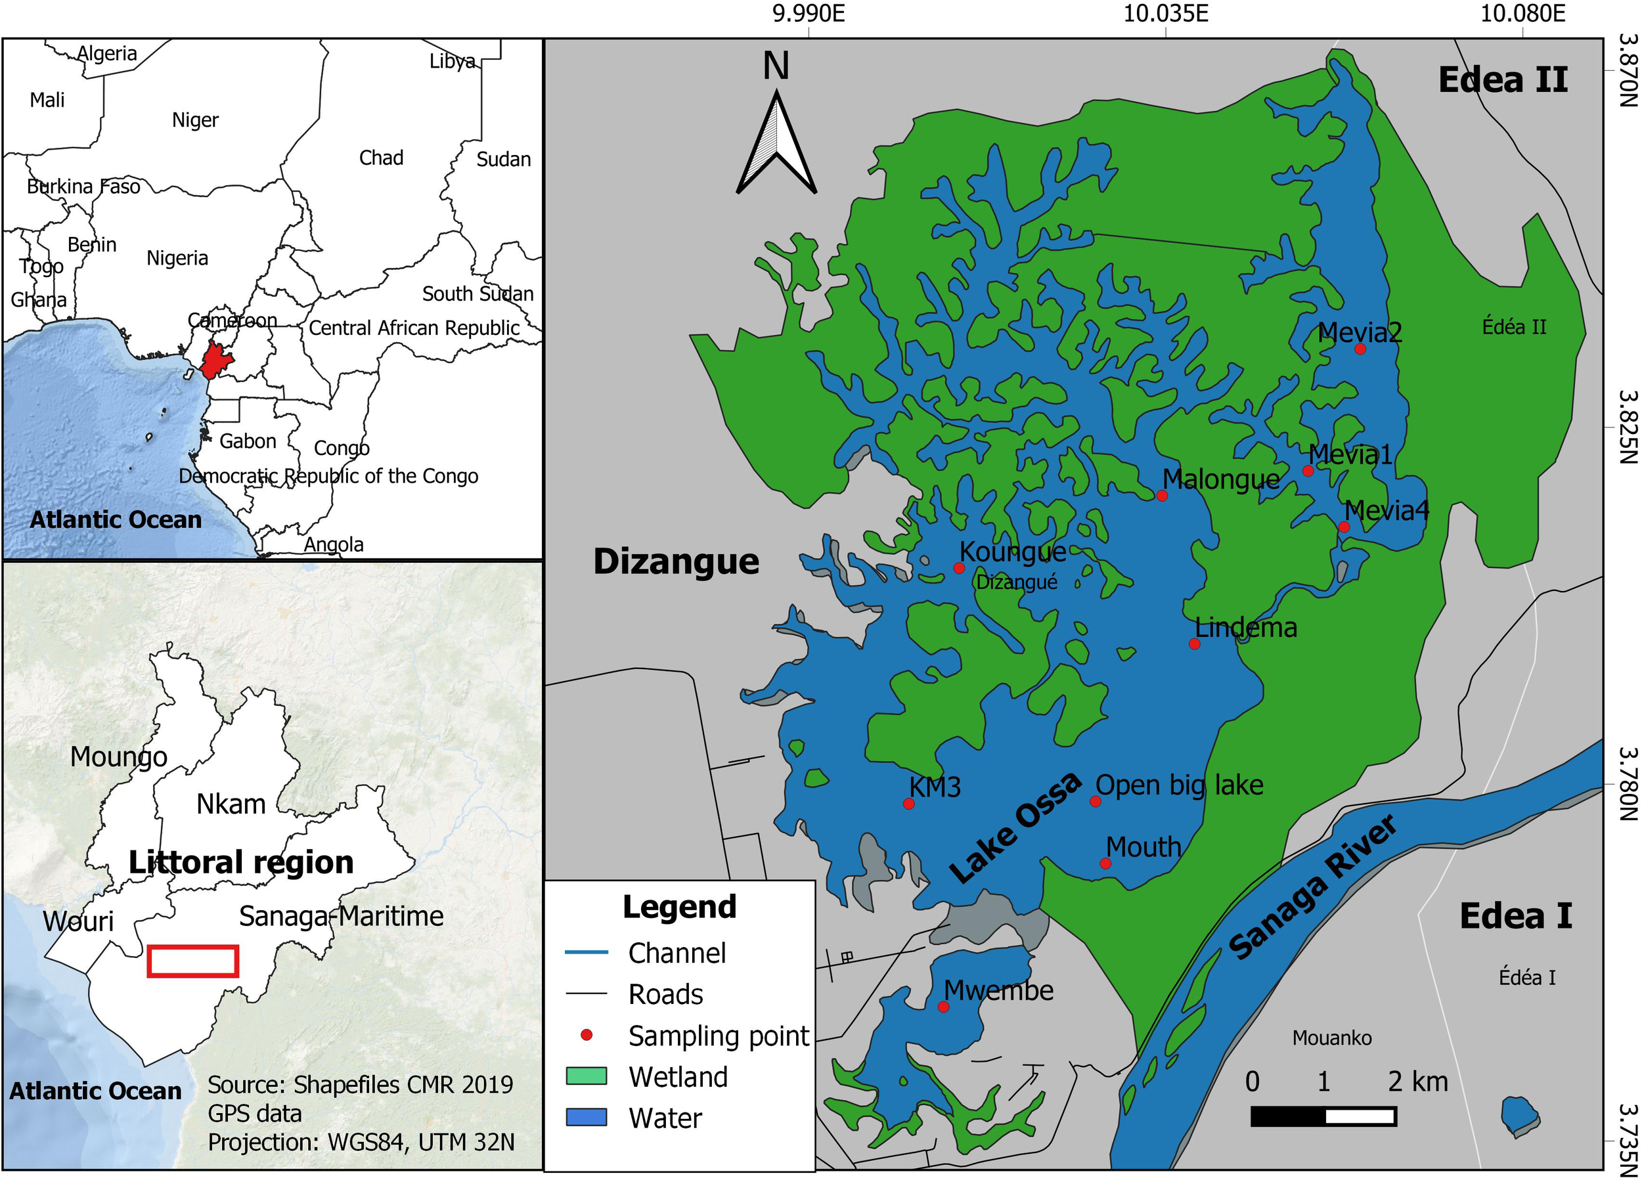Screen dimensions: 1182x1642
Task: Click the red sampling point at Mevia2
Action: point(1360,349)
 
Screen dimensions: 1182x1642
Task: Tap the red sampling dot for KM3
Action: point(908,804)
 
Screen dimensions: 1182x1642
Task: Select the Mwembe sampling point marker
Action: point(943,1007)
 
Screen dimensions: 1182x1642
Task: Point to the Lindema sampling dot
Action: point(1195,644)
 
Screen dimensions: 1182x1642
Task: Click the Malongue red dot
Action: point(1162,496)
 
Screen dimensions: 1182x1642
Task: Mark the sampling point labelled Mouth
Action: point(1105,864)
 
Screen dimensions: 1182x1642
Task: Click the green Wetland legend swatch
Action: point(587,1076)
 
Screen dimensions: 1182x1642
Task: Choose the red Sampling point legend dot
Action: point(587,1036)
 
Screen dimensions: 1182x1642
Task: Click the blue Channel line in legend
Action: point(587,953)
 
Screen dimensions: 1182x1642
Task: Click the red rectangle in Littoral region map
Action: point(192,961)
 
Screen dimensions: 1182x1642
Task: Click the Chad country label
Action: point(381,158)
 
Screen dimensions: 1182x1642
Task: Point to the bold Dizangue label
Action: point(677,561)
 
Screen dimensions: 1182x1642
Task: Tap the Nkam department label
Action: point(231,804)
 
